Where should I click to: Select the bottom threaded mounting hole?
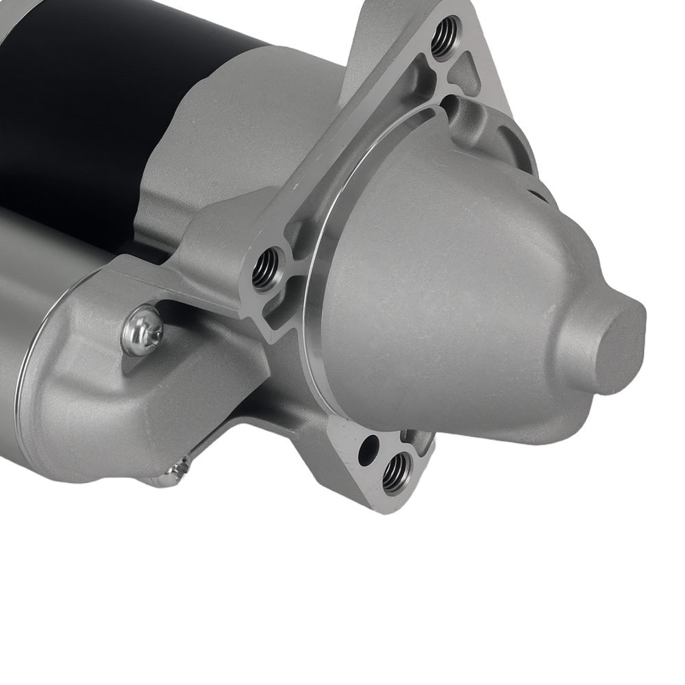click(x=396, y=471)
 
